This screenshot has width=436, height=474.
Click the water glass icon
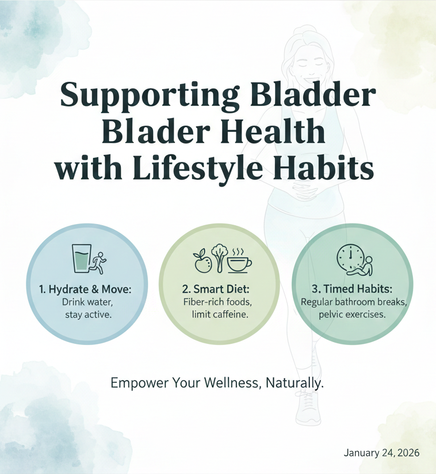point(82,259)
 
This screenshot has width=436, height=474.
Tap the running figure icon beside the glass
point(99,263)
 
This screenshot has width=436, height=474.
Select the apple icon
point(201,261)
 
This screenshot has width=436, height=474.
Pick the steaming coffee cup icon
point(239,261)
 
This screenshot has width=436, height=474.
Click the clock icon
point(350,257)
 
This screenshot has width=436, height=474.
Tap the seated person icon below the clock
point(361,266)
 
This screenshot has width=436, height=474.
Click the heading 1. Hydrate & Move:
point(86,289)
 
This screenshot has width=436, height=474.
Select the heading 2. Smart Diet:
point(216,289)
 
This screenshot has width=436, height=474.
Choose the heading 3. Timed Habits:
point(352,289)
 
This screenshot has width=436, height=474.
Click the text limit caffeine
point(220,314)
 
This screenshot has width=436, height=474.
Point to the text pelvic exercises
point(352,314)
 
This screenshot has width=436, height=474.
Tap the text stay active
point(89,315)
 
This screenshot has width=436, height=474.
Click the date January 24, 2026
point(382,453)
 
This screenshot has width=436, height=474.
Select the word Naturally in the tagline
point(295,384)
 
